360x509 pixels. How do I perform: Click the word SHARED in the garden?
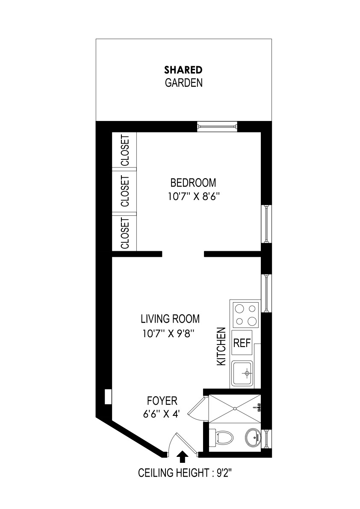click(183, 69)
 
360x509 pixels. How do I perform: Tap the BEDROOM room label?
click(193, 183)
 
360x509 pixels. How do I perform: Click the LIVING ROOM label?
click(170, 319)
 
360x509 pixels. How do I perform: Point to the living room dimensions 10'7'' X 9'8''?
click(169, 333)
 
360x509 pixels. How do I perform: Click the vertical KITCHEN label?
click(221, 346)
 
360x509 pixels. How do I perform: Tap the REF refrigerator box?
click(242, 343)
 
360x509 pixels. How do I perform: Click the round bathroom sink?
click(253, 438)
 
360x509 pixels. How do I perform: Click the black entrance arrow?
click(182, 456)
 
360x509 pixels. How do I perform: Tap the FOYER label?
click(162, 401)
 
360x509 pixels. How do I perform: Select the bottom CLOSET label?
click(125, 233)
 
